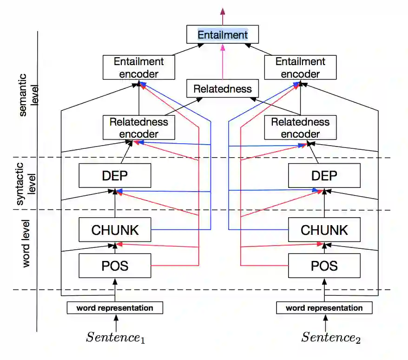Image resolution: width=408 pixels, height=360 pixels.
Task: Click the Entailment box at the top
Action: click(x=223, y=35)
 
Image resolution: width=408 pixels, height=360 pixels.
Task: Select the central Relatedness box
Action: click(x=223, y=89)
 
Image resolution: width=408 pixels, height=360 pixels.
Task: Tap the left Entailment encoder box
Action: click(x=139, y=67)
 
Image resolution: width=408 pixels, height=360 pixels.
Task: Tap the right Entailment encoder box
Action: click(x=300, y=67)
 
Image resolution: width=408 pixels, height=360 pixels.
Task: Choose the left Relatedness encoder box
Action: click(x=139, y=128)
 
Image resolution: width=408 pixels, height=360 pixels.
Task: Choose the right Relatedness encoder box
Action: click(x=300, y=128)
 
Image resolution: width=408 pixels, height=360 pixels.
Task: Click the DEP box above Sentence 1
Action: click(x=115, y=176)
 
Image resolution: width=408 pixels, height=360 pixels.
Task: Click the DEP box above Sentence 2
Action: click(x=324, y=176)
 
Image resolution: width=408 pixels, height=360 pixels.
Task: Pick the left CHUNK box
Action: click(x=115, y=230)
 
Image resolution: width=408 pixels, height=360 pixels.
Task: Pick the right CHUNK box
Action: click(x=324, y=230)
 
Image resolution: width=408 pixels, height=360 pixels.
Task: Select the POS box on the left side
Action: click(x=115, y=266)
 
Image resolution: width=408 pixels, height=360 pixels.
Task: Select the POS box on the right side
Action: click(x=324, y=266)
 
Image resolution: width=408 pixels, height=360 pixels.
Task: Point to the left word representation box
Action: click(x=115, y=307)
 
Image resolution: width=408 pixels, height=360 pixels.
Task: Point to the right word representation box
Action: click(x=324, y=307)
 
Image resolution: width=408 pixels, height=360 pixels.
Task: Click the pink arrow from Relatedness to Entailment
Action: click(x=223, y=63)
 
